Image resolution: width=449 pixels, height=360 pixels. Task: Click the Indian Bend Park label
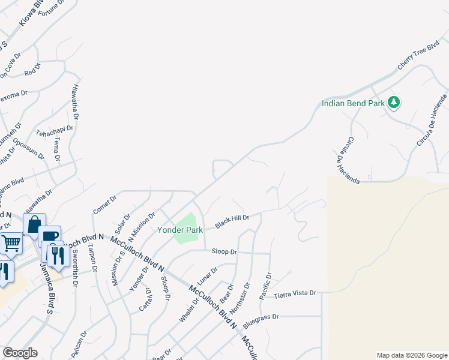352,103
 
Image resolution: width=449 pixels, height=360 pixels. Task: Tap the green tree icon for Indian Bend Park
394,103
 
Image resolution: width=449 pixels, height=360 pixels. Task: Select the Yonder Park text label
180,230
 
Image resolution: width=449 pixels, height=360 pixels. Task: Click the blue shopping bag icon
34,224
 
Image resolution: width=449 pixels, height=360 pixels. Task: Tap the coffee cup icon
49,236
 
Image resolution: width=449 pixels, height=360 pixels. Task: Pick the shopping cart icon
11,244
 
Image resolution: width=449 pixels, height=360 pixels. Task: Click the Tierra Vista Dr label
295,293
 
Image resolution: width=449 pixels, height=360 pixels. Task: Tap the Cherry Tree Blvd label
418,58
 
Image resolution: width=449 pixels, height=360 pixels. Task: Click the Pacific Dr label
265,286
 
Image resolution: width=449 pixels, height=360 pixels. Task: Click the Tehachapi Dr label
55,128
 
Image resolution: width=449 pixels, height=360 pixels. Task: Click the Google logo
20,353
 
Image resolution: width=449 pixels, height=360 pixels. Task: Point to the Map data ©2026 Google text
411,355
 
